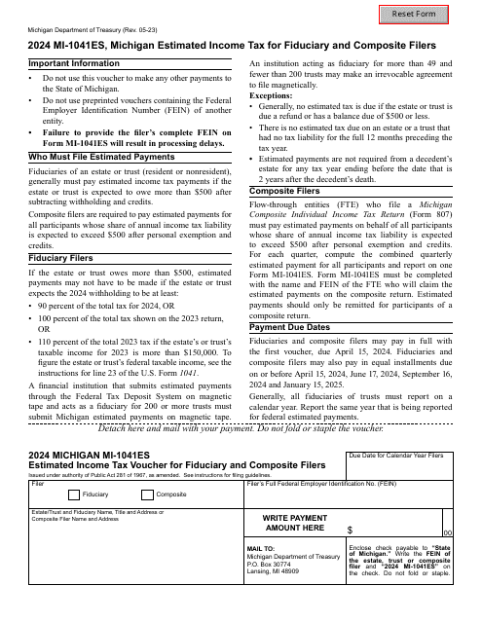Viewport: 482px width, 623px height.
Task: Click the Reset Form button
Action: point(433,18)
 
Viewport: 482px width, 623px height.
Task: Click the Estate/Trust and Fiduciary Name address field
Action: point(127,550)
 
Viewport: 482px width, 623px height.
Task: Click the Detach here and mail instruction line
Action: point(241,427)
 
